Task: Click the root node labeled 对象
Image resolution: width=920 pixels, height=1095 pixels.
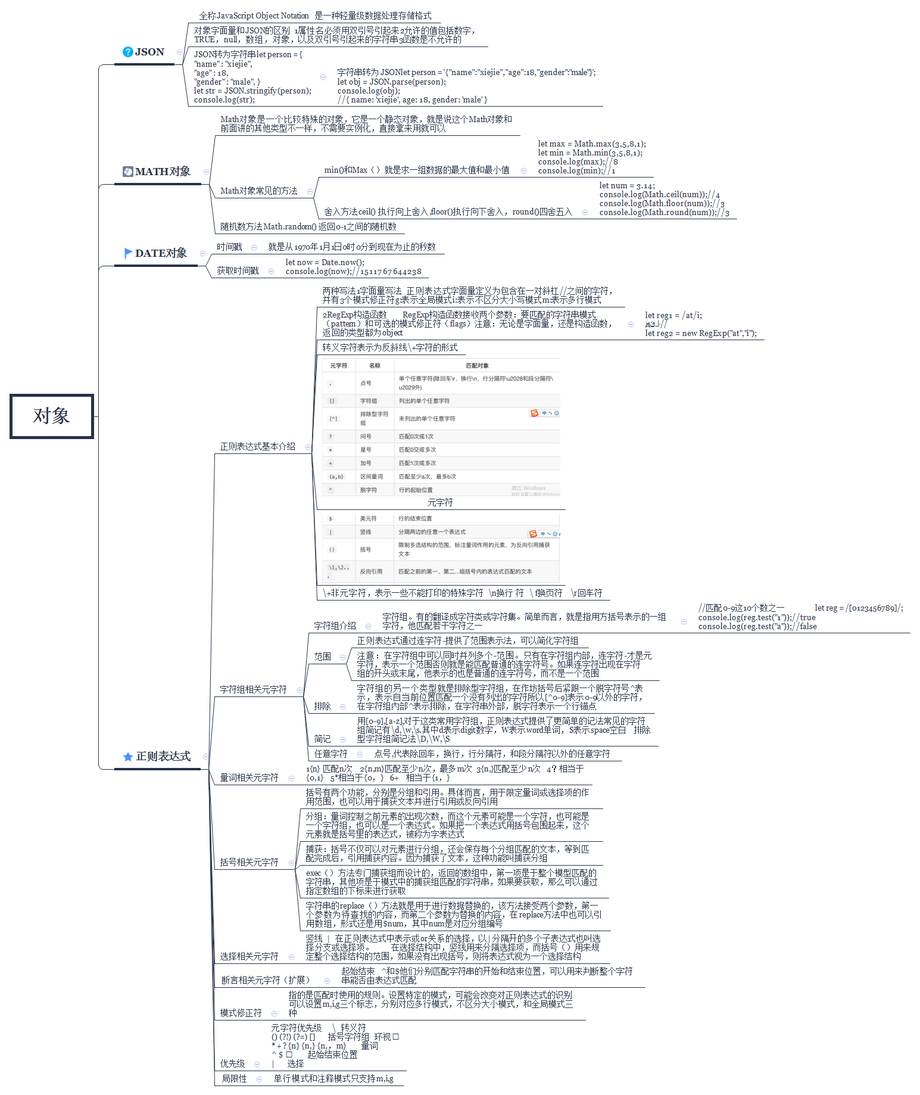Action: click(52, 416)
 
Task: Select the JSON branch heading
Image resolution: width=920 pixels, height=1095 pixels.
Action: click(149, 52)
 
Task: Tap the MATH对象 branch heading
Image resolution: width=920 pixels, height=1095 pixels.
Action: click(163, 172)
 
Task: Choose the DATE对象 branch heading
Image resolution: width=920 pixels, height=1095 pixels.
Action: click(161, 253)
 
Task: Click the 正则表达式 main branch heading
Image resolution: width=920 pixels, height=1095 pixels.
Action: click(163, 757)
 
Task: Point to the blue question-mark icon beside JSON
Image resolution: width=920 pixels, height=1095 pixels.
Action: click(127, 52)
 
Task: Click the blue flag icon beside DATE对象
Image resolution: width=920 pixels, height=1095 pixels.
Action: click(128, 253)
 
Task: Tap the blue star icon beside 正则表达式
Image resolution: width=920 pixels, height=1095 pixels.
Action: click(127, 757)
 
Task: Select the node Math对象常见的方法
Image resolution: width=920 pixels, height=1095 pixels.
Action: click(258, 191)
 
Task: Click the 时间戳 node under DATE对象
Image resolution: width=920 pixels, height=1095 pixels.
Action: click(229, 247)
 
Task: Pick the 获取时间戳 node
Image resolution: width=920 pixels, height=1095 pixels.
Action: click(238, 271)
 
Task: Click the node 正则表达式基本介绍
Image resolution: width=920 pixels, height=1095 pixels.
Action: click(257, 447)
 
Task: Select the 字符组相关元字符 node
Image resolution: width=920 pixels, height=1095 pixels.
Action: click(253, 690)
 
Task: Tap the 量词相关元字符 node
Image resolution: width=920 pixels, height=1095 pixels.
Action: click(249, 778)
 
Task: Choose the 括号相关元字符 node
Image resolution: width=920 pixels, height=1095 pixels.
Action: click(249, 863)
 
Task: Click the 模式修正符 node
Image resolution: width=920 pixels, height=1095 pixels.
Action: click(241, 1013)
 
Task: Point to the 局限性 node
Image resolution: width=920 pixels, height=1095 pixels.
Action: click(234, 1079)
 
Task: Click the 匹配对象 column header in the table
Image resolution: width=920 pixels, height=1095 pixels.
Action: click(477, 366)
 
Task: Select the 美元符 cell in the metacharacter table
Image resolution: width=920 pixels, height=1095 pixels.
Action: click(368, 519)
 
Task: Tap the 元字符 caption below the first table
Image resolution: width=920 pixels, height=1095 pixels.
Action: click(440, 503)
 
